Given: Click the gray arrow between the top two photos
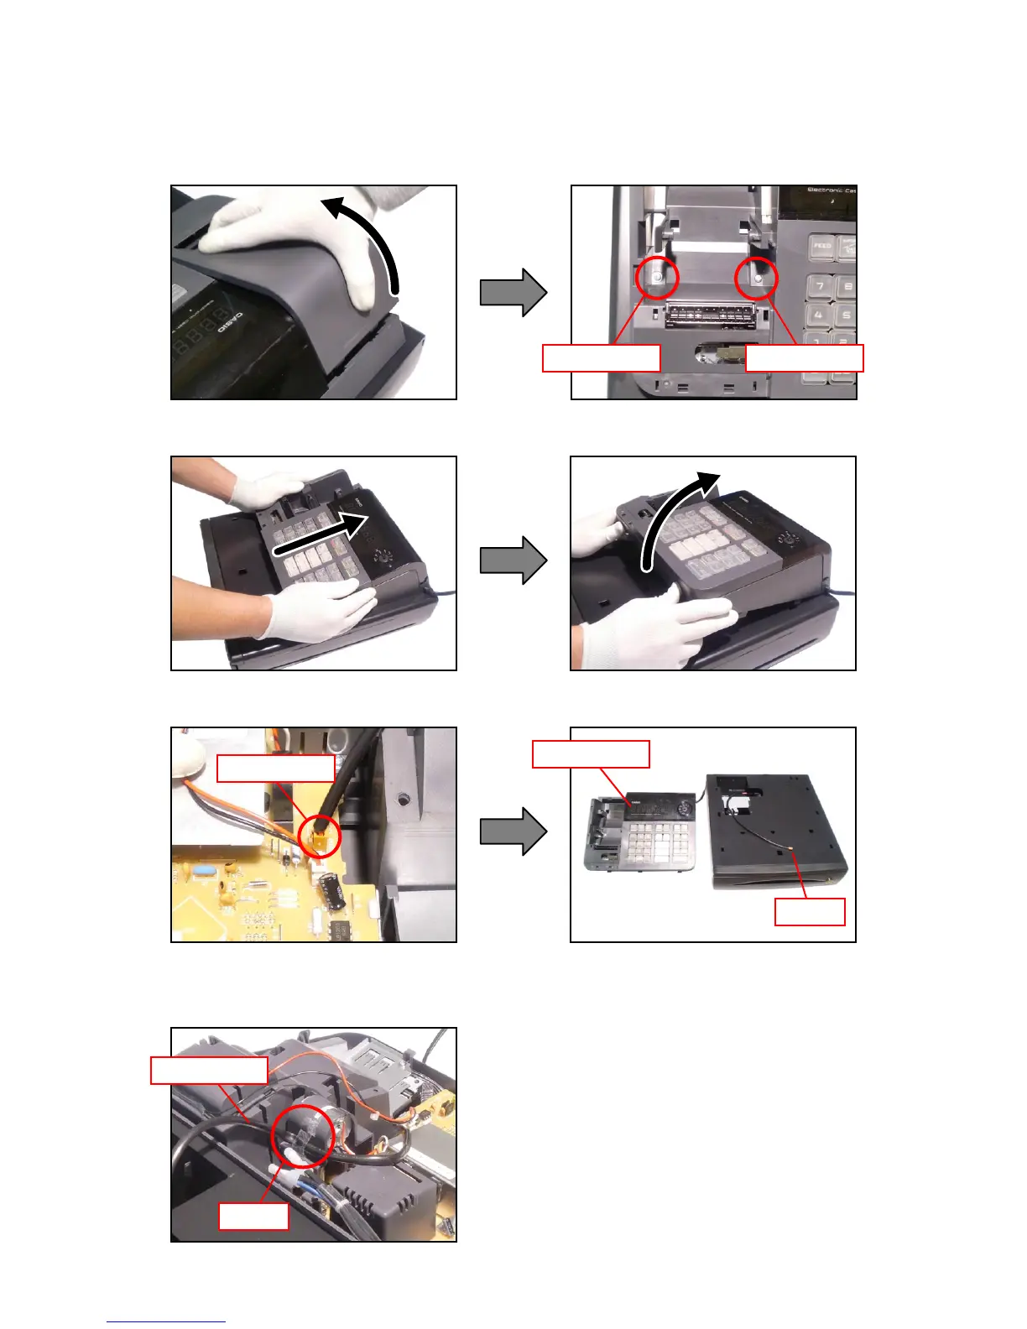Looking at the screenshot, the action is (x=513, y=293).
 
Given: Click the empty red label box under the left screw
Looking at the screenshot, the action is (x=601, y=357).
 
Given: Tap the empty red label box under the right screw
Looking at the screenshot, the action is (x=804, y=357).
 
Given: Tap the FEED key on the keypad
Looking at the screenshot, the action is (x=822, y=246).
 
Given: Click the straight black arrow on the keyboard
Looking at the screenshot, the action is (x=323, y=534).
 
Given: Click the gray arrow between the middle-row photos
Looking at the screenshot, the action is (x=513, y=560).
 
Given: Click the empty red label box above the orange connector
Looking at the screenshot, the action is (x=275, y=768).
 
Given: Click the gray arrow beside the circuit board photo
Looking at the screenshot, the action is (x=513, y=831).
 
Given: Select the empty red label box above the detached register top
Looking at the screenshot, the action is (x=591, y=753).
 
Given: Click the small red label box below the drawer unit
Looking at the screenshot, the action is (x=809, y=912).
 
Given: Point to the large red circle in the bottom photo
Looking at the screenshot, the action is (x=303, y=1135).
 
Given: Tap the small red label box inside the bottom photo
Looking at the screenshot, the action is (x=253, y=1217).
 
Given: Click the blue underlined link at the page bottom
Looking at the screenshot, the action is (x=166, y=1321).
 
